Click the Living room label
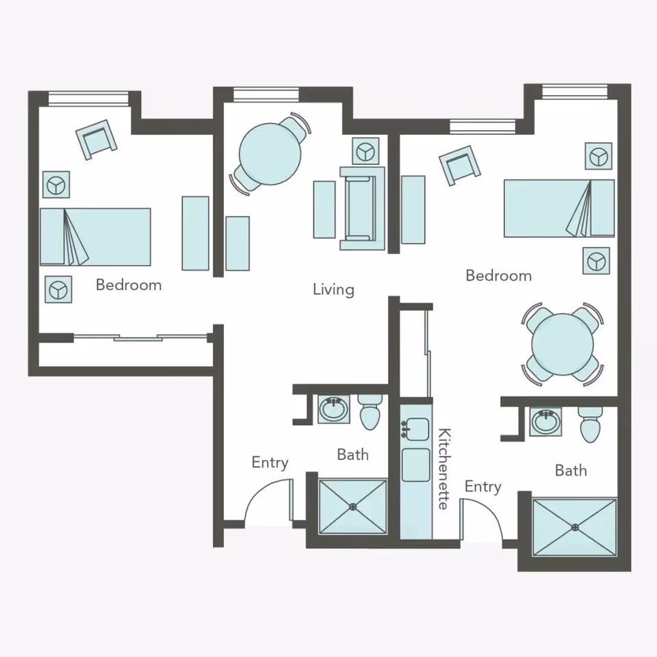tap(333, 289)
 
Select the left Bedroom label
tap(129, 285)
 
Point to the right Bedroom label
tap(499, 276)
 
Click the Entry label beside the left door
tap(270, 463)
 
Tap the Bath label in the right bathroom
tap(571, 471)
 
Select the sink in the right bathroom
tap(545, 421)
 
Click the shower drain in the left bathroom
tap(353, 507)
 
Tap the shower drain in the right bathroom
tap(575, 527)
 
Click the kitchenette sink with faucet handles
tap(415, 429)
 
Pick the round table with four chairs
tap(563, 344)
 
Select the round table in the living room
tap(270, 154)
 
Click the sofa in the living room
tap(363, 209)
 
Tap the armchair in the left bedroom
tap(96, 140)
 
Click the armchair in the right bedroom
tap(460, 165)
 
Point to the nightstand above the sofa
tap(365, 151)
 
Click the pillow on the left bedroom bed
tap(53, 237)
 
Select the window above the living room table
tap(266, 94)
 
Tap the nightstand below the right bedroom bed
tap(596, 261)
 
